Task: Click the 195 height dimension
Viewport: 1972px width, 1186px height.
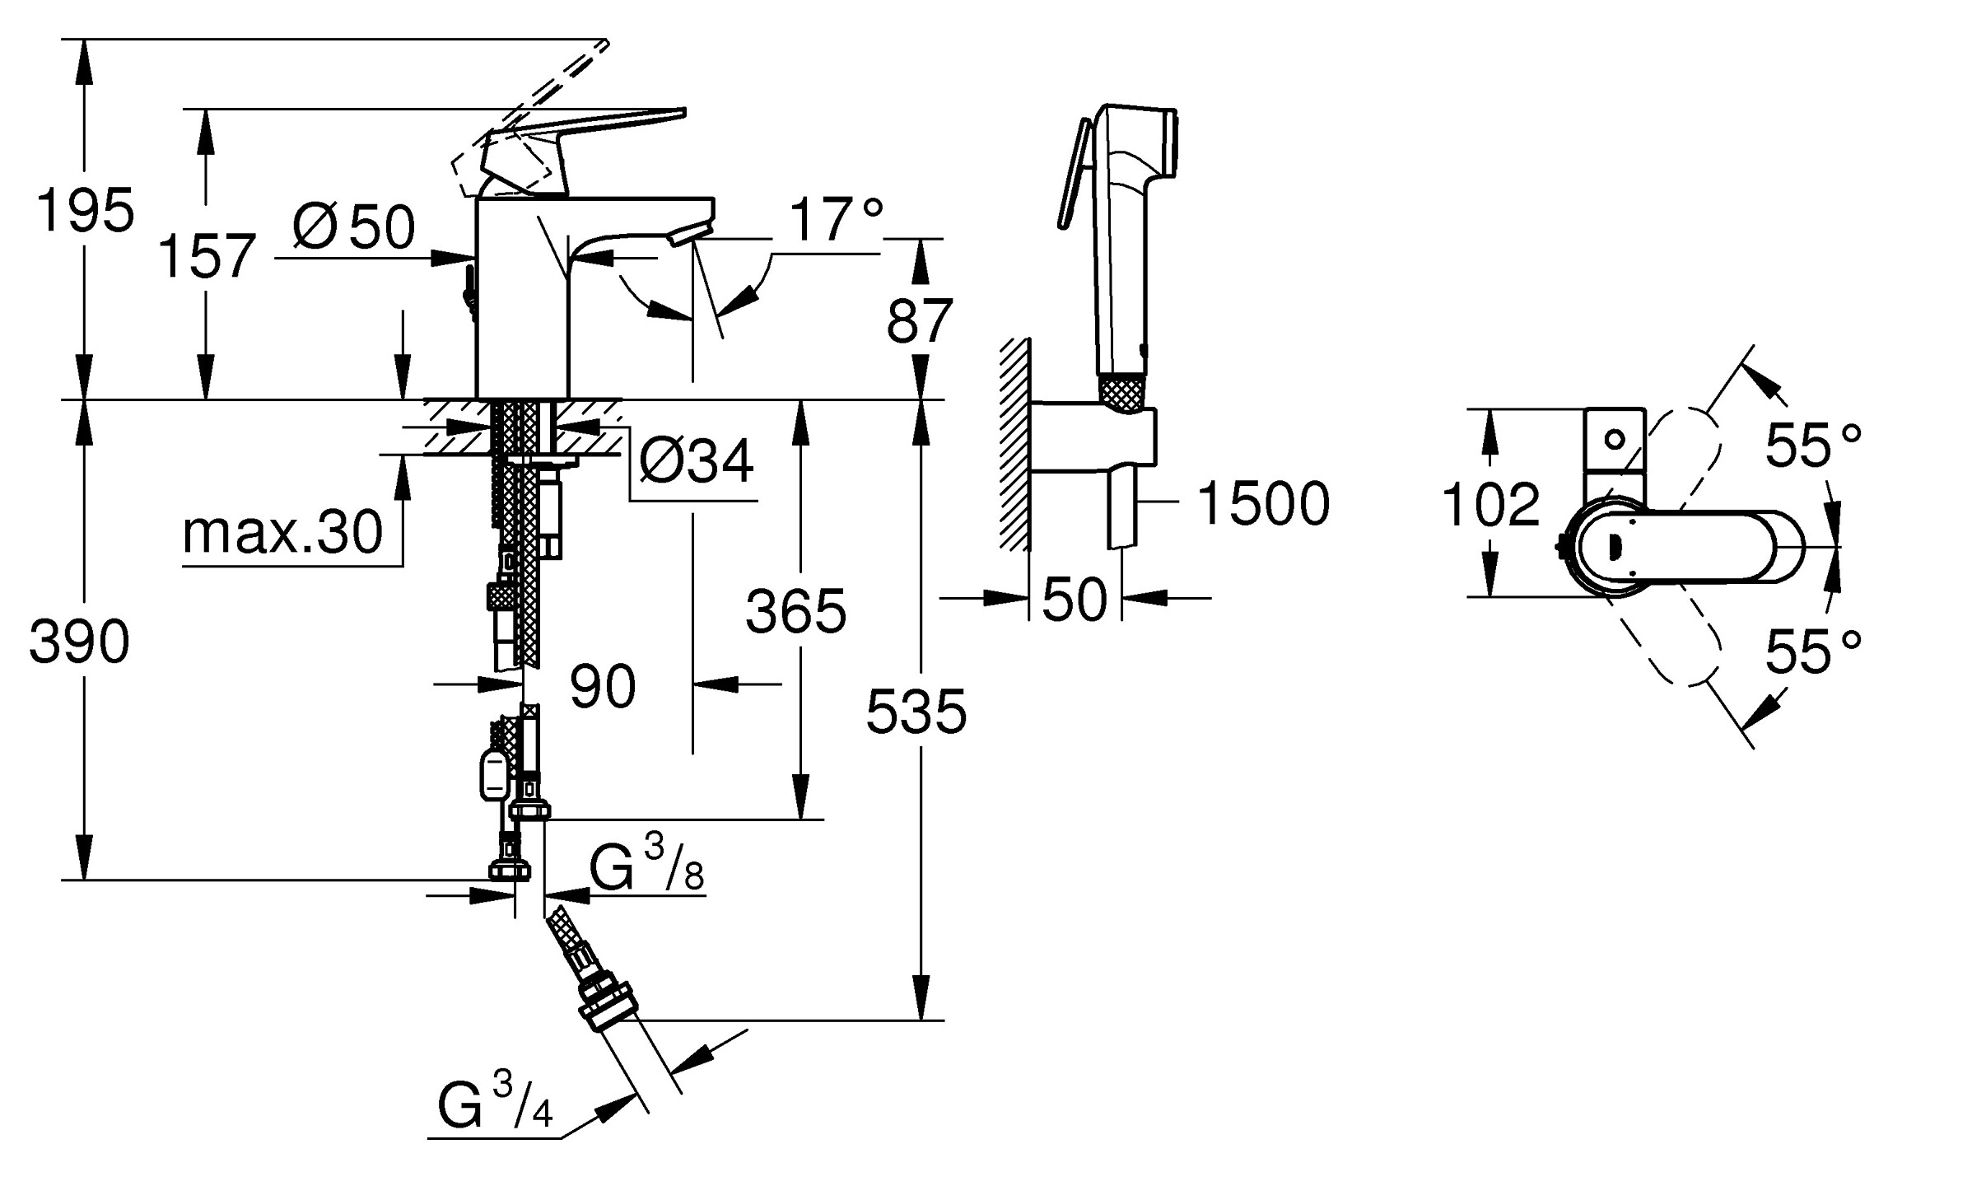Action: (85, 211)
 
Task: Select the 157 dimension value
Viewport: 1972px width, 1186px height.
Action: (206, 256)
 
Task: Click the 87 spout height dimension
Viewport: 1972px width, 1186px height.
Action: (920, 321)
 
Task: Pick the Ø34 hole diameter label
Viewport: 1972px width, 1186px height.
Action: (697, 461)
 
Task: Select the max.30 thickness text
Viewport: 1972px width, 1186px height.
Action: (282, 533)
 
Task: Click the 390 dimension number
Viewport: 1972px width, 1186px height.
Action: (80, 642)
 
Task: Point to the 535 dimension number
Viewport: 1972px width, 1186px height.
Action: (916, 712)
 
